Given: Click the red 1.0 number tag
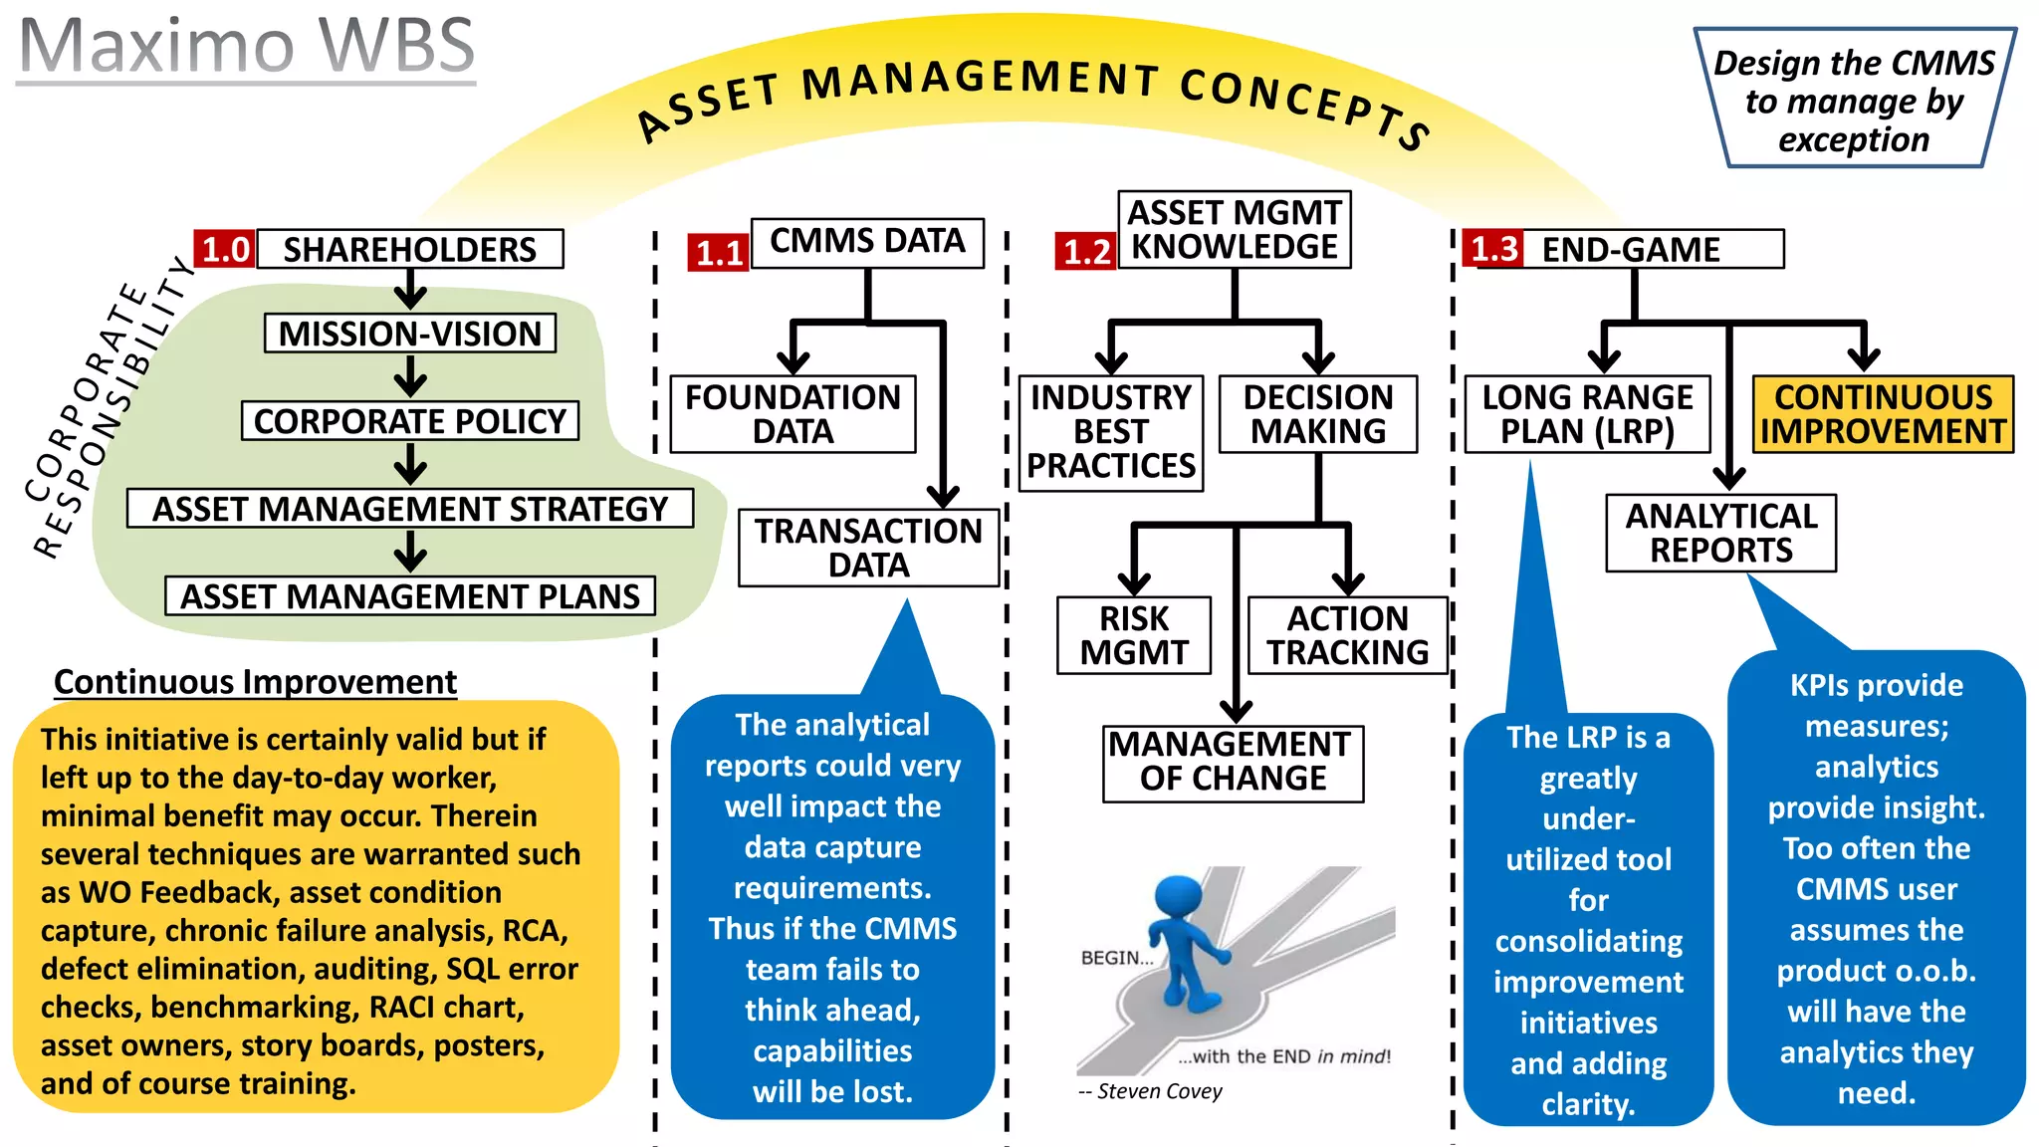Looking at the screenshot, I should [225, 249].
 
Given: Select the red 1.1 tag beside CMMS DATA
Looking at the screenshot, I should [718, 253].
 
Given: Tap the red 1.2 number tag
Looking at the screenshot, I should [1085, 251].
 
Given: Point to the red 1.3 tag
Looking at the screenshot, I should [1493, 248].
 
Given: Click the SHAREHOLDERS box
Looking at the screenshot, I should [409, 249].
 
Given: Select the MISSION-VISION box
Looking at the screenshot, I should [409, 334].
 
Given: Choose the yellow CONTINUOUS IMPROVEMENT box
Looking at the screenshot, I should [1883, 414].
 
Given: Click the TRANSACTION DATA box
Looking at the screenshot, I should [868, 548].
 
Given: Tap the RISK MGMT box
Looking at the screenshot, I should [1134, 635].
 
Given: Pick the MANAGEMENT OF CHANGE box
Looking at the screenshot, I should [1233, 763].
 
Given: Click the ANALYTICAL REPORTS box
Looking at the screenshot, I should [1720, 534].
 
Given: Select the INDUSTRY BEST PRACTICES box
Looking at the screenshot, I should [1111, 432].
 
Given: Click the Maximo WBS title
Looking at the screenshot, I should [247, 46].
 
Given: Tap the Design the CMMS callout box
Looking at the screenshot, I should [1854, 101].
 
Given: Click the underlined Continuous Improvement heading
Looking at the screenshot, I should [255, 682].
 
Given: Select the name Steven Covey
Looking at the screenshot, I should [1160, 1091].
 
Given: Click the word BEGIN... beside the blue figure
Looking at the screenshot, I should [1116, 958].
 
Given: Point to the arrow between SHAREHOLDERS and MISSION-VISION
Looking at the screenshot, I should [409, 292].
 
